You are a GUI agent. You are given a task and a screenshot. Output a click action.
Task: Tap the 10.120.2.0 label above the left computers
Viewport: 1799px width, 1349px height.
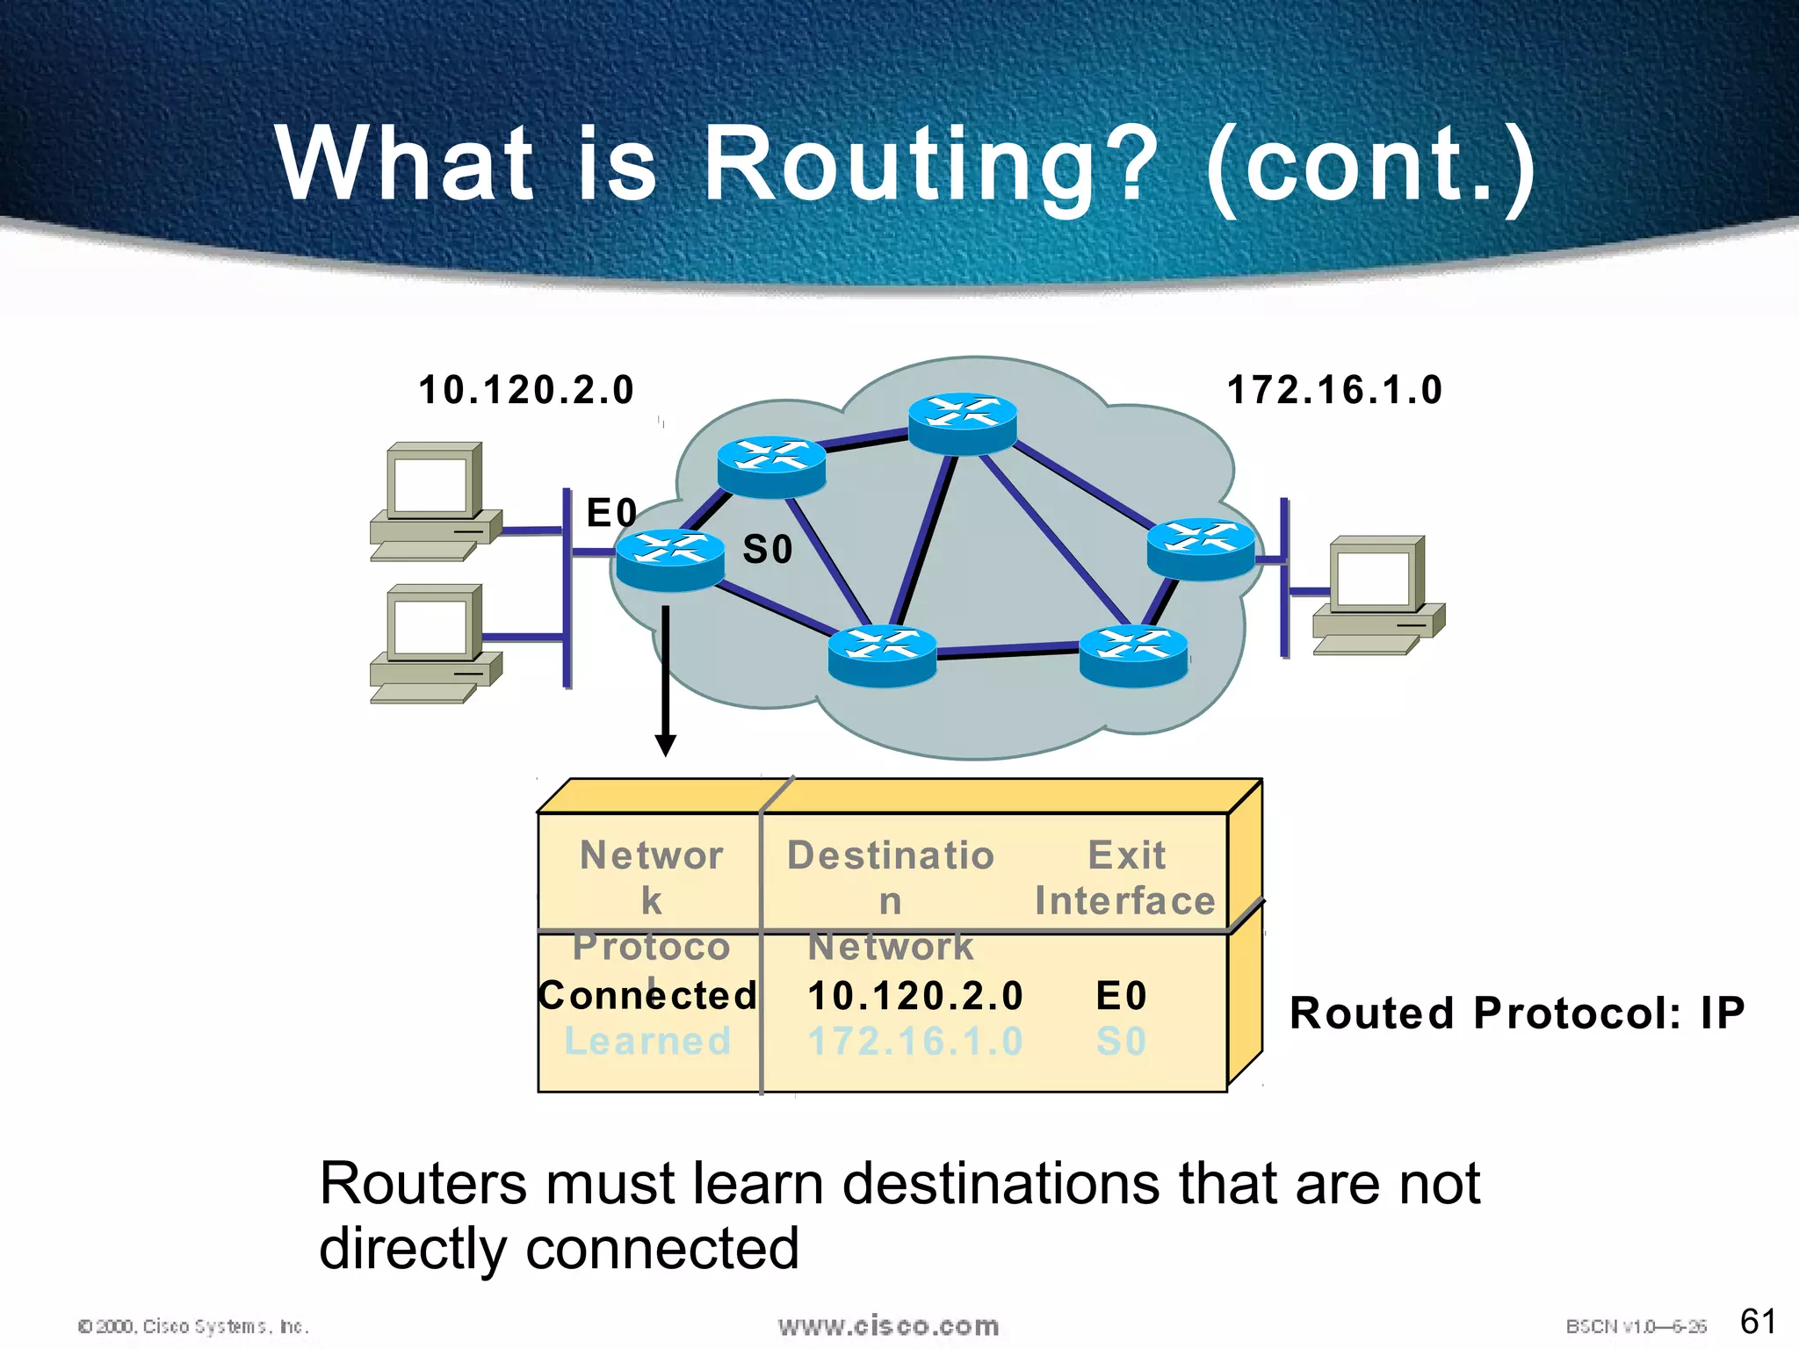pyautogui.click(x=525, y=390)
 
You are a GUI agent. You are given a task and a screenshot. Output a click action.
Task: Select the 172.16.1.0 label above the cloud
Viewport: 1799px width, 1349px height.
pyautogui.click(x=1334, y=390)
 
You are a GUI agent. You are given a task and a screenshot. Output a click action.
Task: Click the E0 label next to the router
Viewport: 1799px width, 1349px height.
pyautogui.click(x=611, y=513)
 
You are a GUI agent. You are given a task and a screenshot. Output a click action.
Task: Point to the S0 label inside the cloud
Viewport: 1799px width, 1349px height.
pyautogui.click(x=768, y=550)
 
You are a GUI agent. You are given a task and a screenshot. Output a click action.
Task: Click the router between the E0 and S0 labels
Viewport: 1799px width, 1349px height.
pyautogui.click(x=670, y=559)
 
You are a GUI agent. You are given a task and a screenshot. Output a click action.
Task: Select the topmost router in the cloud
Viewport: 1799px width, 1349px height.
pyautogui.click(x=962, y=422)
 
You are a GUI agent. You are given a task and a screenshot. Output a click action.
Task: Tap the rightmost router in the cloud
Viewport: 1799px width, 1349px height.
pyautogui.click(x=1201, y=548)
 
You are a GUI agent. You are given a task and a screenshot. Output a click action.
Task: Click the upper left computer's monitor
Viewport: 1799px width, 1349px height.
pyautogui.click(x=431, y=483)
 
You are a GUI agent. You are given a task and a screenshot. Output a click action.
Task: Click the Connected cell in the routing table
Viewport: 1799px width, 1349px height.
pyautogui.click(x=648, y=996)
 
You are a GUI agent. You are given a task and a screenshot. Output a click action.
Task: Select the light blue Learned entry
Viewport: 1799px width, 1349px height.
pyautogui.click(x=648, y=1042)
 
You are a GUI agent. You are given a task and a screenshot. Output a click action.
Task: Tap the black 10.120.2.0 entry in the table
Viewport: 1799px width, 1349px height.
pyautogui.click(x=915, y=996)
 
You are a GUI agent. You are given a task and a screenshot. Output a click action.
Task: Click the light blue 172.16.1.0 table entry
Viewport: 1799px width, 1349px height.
pyautogui.click(x=915, y=1042)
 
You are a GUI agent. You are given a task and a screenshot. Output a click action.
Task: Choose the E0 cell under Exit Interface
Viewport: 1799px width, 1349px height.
pyautogui.click(x=1122, y=996)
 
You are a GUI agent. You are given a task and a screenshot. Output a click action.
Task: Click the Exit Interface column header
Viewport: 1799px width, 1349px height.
pyautogui.click(x=1125, y=878)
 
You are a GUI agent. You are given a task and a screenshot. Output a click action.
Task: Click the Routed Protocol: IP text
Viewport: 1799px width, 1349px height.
pyautogui.click(x=1517, y=1013)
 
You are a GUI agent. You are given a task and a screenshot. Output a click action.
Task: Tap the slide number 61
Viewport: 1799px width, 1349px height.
pyautogui.click(x=1758, y=1321)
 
